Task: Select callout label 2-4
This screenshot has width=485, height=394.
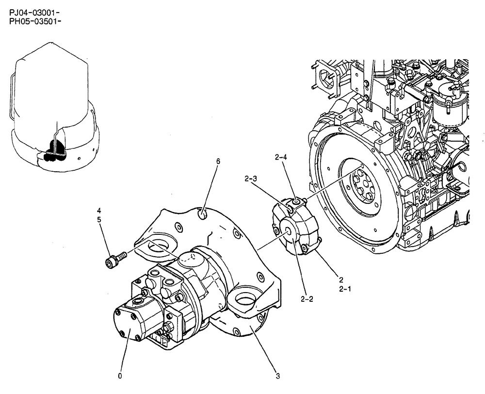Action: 281,157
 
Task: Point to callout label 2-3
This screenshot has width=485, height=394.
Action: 251,179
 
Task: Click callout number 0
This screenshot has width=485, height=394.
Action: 120,375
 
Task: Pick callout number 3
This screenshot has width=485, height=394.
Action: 278,375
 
